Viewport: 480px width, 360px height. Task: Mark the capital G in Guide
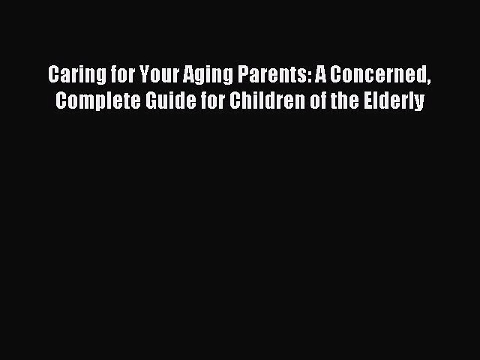tap(147, 101)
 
